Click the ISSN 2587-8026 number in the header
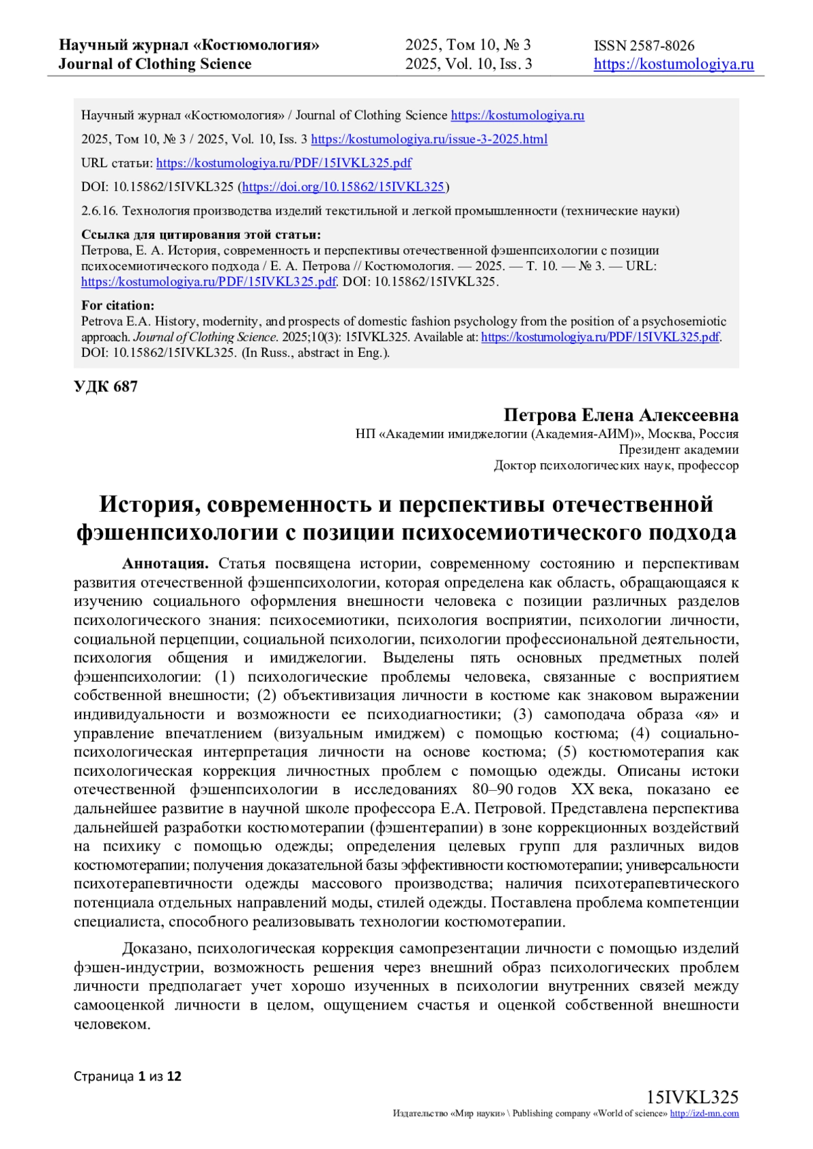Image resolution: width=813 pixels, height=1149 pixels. click(644, 46)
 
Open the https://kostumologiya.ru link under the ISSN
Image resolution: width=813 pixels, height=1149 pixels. click(673, 64)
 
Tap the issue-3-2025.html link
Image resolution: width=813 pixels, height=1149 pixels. click(429, 139)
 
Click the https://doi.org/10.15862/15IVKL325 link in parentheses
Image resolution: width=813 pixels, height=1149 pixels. click(343, 187)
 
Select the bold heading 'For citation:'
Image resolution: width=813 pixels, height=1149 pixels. click(118, 305)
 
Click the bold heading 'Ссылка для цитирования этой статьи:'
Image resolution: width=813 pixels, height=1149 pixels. click(201, 235)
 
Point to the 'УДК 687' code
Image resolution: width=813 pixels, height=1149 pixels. click(106, 387)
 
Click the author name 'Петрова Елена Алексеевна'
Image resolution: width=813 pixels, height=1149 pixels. click(621, 415)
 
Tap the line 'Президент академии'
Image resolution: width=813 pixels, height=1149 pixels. click(678, 450)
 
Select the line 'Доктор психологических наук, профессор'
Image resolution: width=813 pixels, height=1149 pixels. click(616, 465)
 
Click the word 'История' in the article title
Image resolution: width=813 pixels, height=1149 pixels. click(147, 504)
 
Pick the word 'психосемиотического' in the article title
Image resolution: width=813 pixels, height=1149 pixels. click(519, 533)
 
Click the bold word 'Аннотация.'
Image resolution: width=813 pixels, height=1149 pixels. click(165, 564)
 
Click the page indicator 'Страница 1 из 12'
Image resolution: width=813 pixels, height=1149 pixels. click(127, 1077)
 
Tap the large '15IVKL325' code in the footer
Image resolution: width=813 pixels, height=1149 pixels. click(692, 1098)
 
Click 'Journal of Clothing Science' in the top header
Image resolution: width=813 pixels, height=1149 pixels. click(154, 64)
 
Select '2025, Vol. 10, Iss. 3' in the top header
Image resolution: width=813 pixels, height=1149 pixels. click(468, 64)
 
